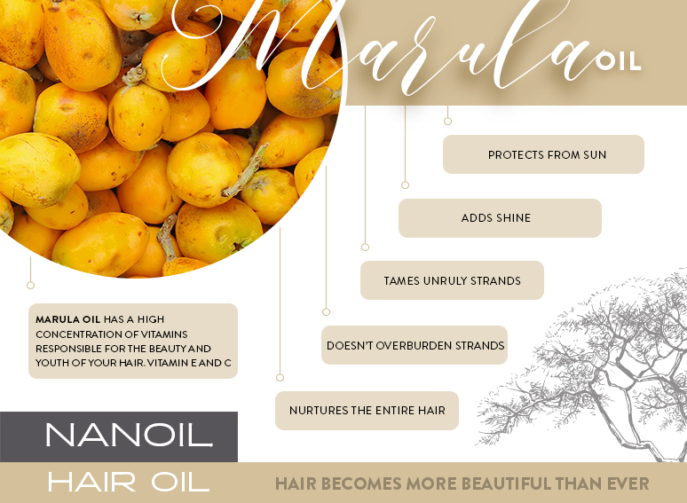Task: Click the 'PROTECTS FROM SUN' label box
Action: click(543, 154)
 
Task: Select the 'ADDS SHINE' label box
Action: click(500, 218)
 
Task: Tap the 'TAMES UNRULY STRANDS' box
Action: click(452, 280)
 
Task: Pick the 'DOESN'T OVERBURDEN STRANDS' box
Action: click(415, 345)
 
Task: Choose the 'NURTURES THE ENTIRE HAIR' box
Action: click(367, 411)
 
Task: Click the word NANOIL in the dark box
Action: click(128, 436)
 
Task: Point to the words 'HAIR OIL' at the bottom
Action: click(128, 483)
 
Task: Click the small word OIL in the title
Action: click(619, 61)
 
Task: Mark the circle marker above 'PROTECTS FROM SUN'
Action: click(448, 121)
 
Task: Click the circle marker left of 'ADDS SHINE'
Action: click(406, 185)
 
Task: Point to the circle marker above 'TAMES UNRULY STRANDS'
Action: click(365, 248)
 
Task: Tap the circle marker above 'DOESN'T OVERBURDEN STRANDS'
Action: click(326, 312)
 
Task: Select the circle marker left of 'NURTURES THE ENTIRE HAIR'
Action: click(280, 378)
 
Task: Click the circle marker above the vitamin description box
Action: click(31, 286)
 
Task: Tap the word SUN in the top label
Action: click(595, 154)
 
